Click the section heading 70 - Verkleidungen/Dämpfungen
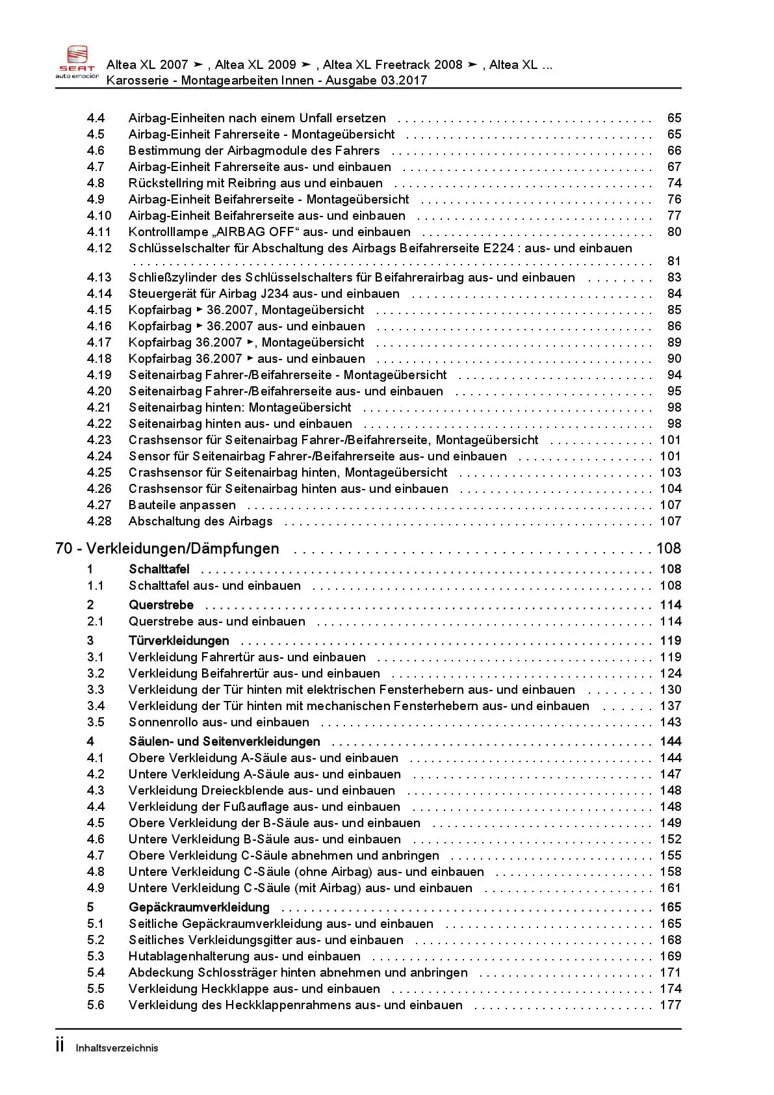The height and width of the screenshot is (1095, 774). [x=167, y=549]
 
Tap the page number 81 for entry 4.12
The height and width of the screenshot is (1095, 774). [x=674, y=261]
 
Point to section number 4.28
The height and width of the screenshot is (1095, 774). [x=99, y=521]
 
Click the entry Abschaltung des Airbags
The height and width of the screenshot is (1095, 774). [x=200, y=521]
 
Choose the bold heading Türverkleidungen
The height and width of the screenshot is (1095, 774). [x=179, y=641]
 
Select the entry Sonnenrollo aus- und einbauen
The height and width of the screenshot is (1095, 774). [x=218, y=722]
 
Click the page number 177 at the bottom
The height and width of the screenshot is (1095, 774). [x=670, y=1005]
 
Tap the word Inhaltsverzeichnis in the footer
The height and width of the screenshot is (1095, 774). [x=117, y=1048]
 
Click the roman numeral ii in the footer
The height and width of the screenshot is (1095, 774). [x=60, y=1046]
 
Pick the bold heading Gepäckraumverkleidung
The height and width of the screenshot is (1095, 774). [x=199, y=908]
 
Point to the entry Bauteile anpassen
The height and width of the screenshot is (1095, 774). [x=182, y=505]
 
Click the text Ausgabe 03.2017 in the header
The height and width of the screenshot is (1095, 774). [x=376, y=81]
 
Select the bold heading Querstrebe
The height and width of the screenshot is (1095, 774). [x=161, y=605]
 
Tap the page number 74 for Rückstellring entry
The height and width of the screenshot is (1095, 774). [x=674, y=183]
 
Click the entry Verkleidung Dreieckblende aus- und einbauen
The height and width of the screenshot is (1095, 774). [x=261, y=791]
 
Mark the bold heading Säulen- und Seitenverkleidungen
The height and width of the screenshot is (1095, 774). [x=224, y=742]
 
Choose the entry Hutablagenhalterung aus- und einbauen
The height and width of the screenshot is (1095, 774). [x=244, y=956]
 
